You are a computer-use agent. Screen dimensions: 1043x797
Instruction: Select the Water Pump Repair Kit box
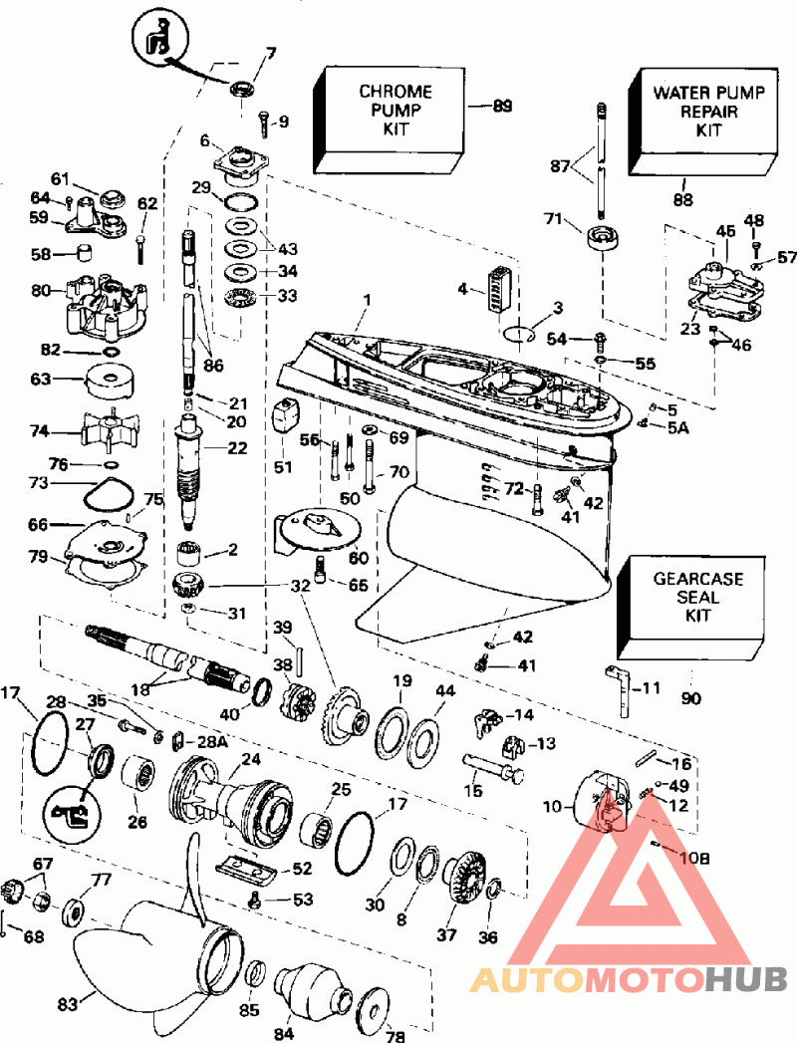pos(708,112)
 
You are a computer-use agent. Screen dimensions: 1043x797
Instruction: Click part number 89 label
pos(504,106)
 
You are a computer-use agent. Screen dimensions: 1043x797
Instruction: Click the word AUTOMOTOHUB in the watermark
pos(629,980)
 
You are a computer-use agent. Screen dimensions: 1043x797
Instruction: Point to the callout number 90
pos(691,698)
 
